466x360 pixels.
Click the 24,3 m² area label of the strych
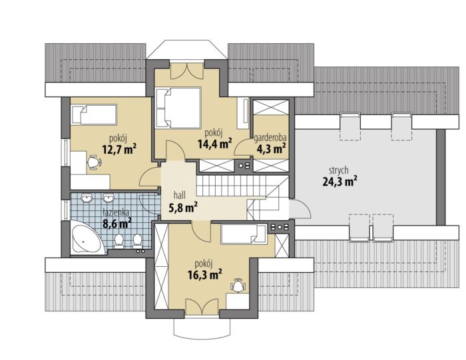340,182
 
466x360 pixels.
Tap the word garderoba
270,138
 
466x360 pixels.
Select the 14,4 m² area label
215,144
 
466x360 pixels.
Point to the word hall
180,195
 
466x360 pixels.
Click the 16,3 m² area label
205,275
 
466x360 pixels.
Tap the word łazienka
116,213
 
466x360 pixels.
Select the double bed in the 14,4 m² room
178,108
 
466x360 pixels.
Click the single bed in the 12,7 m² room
94,114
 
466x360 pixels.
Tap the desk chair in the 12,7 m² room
95,162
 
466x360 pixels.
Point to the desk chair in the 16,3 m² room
238,285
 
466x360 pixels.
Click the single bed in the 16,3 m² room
244,234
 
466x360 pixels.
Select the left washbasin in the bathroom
87,198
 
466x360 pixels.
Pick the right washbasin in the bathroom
108,198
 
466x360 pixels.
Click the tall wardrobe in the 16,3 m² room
162,267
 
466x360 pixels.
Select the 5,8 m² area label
183,208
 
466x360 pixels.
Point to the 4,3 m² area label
272,148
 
